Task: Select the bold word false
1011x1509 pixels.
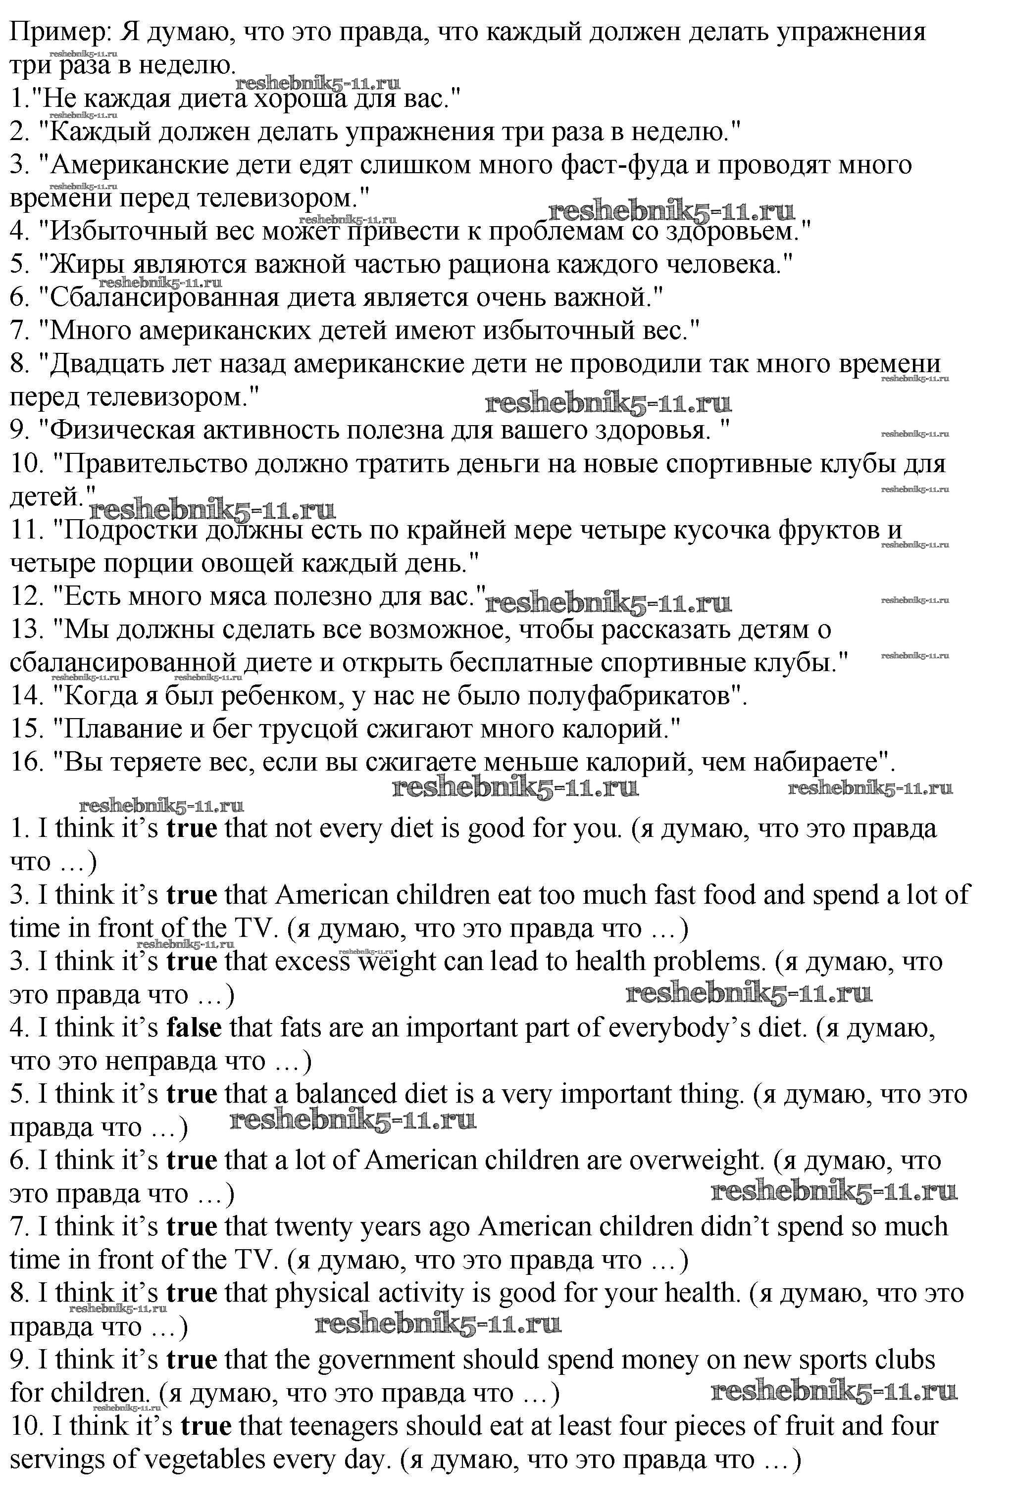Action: pos(194,1027)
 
